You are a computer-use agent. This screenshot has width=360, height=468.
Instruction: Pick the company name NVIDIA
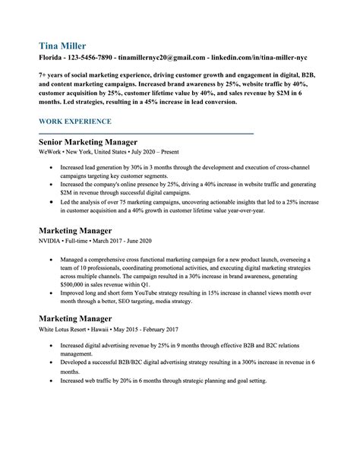pos(50,240)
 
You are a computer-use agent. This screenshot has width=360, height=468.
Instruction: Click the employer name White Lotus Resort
pos(68,329)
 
